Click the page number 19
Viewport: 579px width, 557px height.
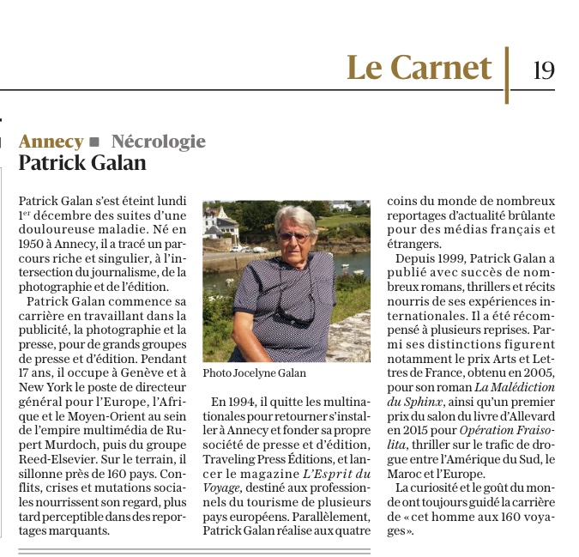pyautogui.click(x=543, y=69)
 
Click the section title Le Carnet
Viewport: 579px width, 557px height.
pyautogui.click(x=419, y=68)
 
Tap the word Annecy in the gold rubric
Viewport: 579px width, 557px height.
pyautogui.click(x=51, y=142)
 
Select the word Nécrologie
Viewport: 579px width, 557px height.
pyautogui.click(x=159, y=142)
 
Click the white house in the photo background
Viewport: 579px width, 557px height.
pyautogui.click(x=220, y=225)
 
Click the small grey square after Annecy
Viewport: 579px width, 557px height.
pyautogui.click(x=95, y=142)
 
